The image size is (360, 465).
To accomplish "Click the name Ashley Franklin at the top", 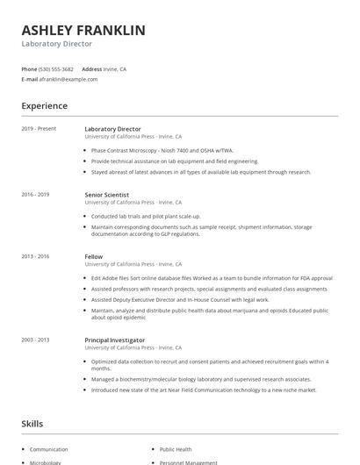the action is (83, 30).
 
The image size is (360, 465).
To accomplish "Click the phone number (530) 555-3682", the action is (56, 68).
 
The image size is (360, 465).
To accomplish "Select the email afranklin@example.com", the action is (68, 79).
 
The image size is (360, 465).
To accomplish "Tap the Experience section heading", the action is (44, 106).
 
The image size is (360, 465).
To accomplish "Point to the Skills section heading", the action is (32, 424).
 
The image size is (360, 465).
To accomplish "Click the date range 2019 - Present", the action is (39, 129).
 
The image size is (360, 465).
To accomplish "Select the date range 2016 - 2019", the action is (35, 195).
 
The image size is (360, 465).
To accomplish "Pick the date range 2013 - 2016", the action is (35, 256).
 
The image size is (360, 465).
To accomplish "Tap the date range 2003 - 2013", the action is (35, 340).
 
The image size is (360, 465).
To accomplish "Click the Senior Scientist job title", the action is (107, 195).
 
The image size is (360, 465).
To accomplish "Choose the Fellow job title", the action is (93, 256).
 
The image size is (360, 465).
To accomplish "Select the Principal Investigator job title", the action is (115, 340).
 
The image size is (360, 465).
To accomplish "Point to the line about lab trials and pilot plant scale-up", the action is (146, 216).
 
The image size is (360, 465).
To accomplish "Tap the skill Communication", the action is (49, 448).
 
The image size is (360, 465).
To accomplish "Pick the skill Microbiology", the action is (46, 461).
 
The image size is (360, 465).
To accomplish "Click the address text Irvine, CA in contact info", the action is (116, 68).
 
